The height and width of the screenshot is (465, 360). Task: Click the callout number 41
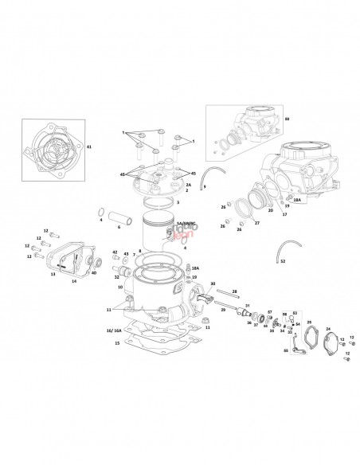coord(88,147)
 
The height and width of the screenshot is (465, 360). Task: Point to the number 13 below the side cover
coord(53,272)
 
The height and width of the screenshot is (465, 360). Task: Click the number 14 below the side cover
coord(73,281)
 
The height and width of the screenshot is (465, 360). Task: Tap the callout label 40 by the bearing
coord(95,273)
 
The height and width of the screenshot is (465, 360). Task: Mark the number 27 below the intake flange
coord(256,223)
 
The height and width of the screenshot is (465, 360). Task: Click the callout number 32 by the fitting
coord(116,277)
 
